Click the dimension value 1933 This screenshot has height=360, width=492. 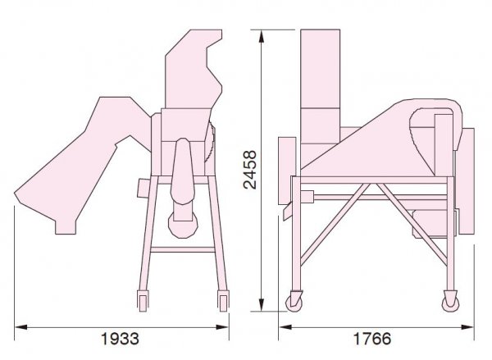tap(120, 339)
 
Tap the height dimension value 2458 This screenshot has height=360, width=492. tap(250, 170)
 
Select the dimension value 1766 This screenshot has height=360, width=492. tap(372, 339)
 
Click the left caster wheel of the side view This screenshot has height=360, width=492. tap(294, 302)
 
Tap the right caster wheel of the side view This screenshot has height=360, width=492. tap(450, 302)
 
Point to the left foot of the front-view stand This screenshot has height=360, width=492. tap(143, 301)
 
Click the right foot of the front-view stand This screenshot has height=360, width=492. tap(223, 301)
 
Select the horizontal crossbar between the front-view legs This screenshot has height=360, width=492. tap(183, 250)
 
